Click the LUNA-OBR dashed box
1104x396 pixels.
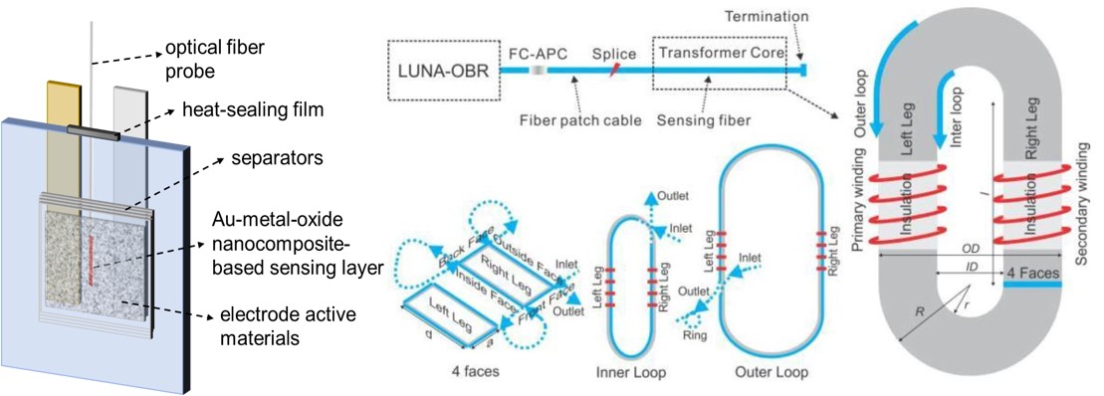tap(443, 70)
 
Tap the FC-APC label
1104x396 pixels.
tap(537, 54)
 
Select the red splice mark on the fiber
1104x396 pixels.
tap(613, 70)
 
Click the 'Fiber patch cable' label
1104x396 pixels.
tap(580, 120)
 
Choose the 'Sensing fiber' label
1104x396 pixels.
tap(704, 120)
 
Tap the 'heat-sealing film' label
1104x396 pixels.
tap(253, 109)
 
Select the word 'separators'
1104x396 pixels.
tap(277, 158)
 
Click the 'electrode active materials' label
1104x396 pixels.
tap(288, 325)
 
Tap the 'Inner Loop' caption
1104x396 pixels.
tap(630, 371)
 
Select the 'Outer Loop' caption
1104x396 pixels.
tap(771, 371)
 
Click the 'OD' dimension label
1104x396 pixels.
tap(971, 248)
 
